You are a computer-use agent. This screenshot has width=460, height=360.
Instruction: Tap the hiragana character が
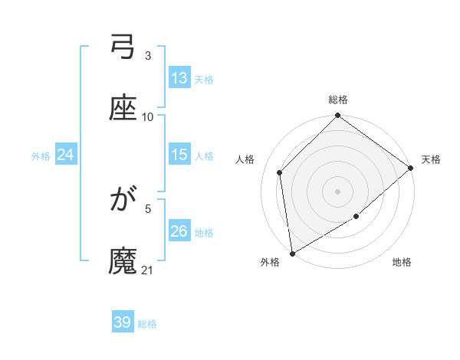point(123,202)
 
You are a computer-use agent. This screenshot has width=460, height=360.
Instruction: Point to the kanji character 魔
point(123,263)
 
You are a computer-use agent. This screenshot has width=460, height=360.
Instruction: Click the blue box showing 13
point(179,78)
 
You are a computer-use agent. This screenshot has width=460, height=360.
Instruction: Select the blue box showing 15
point(179,155)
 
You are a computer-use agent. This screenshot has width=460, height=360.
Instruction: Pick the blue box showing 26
point(179,231)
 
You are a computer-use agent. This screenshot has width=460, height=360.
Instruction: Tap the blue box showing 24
point(66,155)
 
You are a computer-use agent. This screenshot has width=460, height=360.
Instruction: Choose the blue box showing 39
point(123,322)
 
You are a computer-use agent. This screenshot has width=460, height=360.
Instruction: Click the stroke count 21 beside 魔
point(148,270)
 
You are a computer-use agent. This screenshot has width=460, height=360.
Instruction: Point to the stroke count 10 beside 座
point(148,117)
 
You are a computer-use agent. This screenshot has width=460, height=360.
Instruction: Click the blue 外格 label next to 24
point(41,155)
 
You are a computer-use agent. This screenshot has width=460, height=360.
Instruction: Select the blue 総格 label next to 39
point(147,323)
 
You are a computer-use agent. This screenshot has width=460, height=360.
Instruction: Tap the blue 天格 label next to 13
point(203,79)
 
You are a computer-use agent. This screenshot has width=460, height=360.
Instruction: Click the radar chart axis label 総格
point(338,100)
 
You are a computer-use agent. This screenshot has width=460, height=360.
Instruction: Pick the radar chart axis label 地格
point(402,263)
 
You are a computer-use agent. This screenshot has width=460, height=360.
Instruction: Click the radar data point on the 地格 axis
point(356,218)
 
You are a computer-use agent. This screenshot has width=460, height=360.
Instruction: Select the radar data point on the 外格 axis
point(292,253)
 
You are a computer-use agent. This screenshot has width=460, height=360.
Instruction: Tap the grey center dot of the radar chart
point(338,191)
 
